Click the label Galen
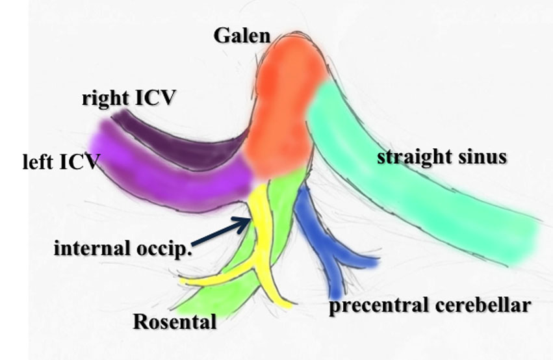(242, 35)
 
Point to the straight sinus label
(441, 157)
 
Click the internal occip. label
(123, 248)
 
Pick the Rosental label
(174, 321)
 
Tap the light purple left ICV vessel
(162, 175)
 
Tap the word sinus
(482, 157)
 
